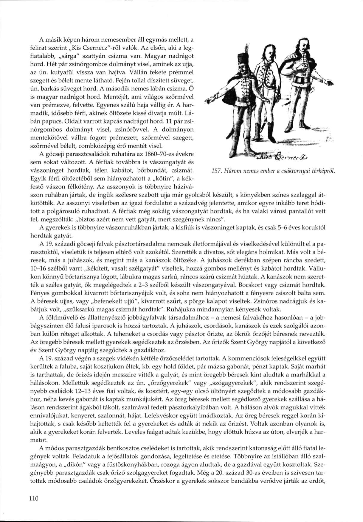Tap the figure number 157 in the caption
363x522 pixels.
207,171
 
